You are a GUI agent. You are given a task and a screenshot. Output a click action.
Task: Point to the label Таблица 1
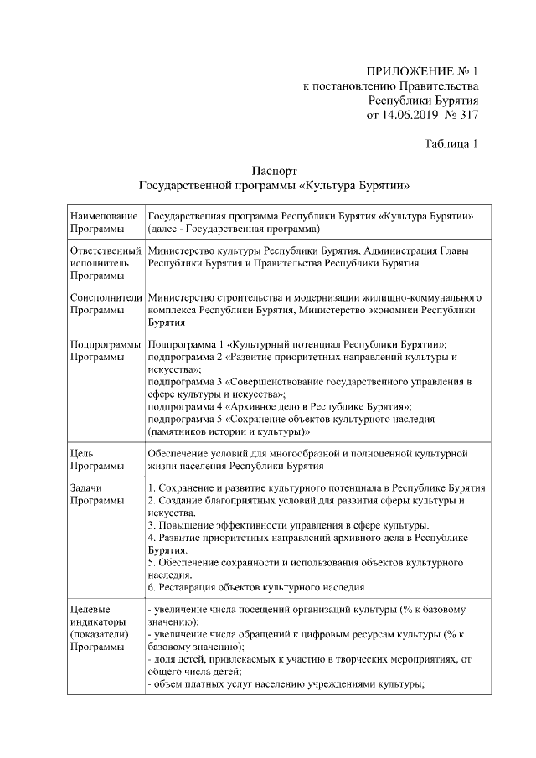point(451,144)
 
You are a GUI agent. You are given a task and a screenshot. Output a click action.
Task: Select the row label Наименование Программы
point(104,222)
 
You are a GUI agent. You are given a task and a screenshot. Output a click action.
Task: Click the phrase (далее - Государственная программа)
point(234,228)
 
